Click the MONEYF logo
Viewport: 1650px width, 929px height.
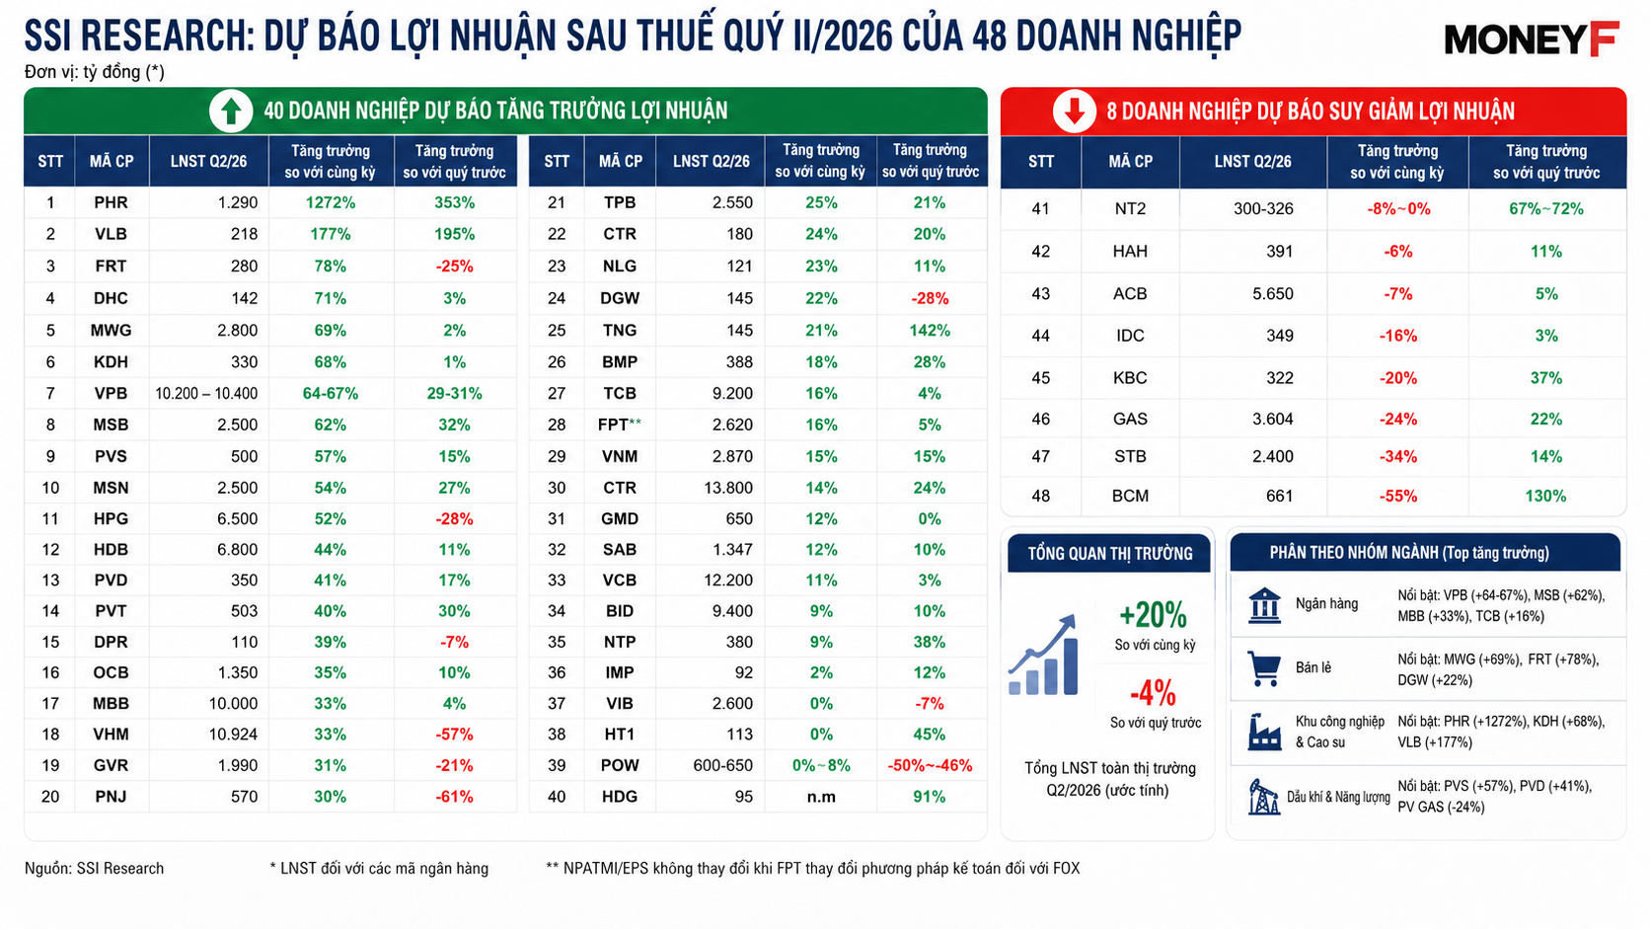pyautogui.click(x=1532, y=39)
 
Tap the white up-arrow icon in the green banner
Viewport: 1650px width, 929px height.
pyautogui.click(x=231, y=112)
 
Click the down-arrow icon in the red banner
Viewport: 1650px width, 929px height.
pyautogui.click(x=1074, y=112)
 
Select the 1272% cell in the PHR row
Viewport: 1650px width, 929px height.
pyautogui.click(x=331, y=202)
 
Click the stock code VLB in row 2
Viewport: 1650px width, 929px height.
pyautogui.click(x=111, y=234)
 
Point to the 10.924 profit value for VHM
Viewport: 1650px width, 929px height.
pyautogui.click(x=233, y=735)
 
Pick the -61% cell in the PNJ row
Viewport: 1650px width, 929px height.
pyautogui.click(x=454, y=797)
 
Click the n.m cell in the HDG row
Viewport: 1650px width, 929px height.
pyautogui.click(x=821, y=797)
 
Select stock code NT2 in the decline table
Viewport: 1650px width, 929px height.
pyautogui.click(x=1130, y=209)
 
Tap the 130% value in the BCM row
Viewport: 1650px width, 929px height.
pyautogui.click(x=1545, y=496)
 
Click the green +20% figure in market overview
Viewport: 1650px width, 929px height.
pyautogui.click(x=1153, y=614)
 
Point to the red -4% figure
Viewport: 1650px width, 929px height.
pyautogui.click(x=1153, y=693)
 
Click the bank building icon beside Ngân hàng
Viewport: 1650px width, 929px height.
pyautogui.click(x=1264, y=605)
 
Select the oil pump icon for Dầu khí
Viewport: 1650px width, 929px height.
pyautogui.click(x=1264, y=797)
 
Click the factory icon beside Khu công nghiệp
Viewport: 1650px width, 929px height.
pyautogui.click(x=1264, y=732)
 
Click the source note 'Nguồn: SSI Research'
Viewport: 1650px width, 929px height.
pyautogui.click(x=95, y=869)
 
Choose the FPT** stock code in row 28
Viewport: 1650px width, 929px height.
pyautogui.click(x=620, y=426)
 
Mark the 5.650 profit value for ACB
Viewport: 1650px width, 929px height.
pyautogui.click(x=1273, y=294)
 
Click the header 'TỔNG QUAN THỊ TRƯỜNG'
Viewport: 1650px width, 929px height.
pyautogui.click(x=1110, y=553)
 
